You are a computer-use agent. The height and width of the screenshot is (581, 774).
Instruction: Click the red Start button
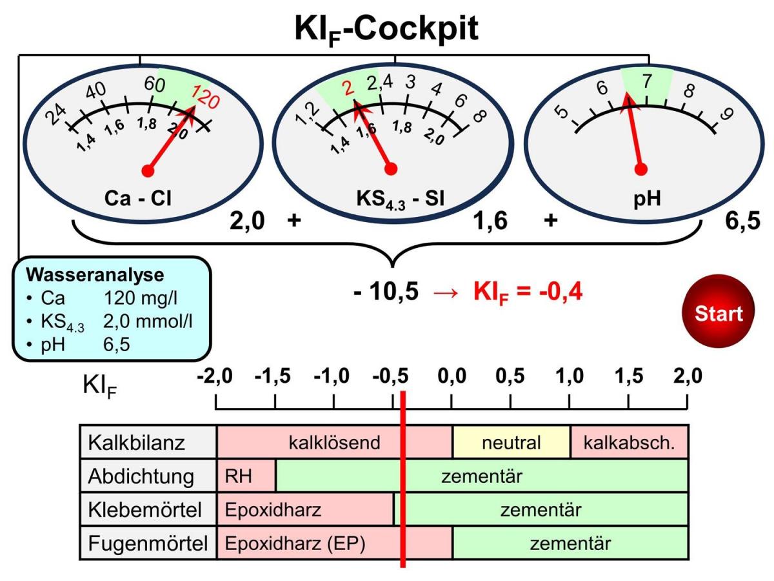pyautogui.click(x=718, y=313)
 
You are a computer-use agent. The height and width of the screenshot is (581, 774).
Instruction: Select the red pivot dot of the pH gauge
pyautogui.click(x=640, y=169)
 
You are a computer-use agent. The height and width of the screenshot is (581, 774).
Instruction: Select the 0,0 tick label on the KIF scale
pyautogui.click(x=451, y=376)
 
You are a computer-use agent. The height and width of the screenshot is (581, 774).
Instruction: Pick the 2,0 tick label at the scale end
pyautogui.click(x=686, y=376)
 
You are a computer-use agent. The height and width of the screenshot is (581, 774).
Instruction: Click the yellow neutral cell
pyautogui.click(x=511, y=443)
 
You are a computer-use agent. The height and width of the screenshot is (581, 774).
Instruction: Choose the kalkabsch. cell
pyautogui.click(x=629, y=443)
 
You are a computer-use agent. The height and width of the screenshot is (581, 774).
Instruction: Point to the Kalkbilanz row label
pyautogui.click(x=137, y=443)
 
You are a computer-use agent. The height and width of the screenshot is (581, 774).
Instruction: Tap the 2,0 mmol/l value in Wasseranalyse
pyautogui.click(x=152, y=321)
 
